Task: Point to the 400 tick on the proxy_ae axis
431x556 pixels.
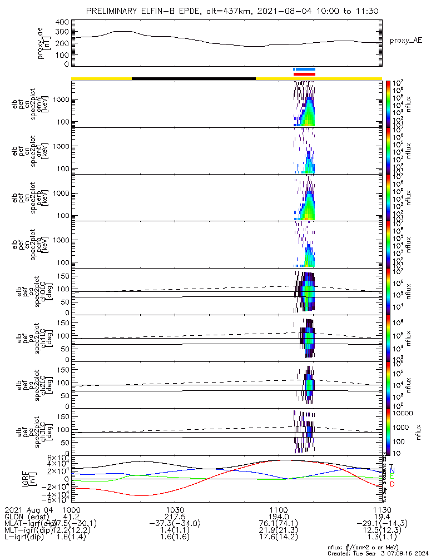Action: point(62,22)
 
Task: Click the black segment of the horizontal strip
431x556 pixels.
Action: point(194,78)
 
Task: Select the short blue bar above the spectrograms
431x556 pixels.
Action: point(304,69)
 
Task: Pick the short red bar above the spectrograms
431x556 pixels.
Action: point(304,74)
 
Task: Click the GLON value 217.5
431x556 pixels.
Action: point(175,517)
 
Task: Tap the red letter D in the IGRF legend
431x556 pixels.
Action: point(392,484)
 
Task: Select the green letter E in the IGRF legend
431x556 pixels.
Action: point(392,477)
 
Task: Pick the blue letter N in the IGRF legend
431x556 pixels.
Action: point(392,470)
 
